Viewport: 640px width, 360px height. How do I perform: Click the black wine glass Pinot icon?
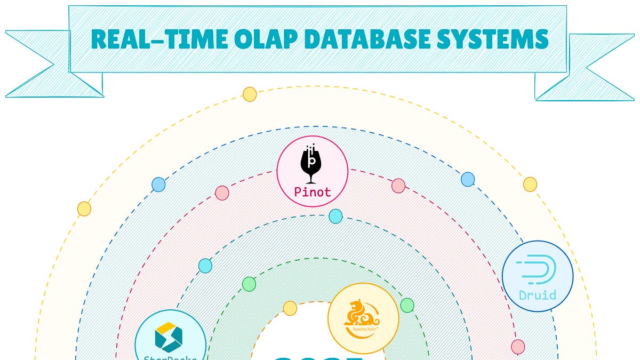click(x=312, y=163)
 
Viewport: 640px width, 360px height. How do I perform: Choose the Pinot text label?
click(x=313, y=192)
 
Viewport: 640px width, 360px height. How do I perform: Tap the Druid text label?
click(x=538, y=294)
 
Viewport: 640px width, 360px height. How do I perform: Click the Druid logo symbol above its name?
click(x=538, y=269)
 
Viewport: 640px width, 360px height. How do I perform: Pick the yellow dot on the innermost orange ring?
click(x=290, y=308)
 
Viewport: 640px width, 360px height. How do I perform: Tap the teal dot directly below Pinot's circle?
click(x=335, y=216)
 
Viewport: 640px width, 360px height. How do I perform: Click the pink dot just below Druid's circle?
click(x=518, y=347)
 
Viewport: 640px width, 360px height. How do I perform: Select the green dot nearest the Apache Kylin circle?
click(x=407, y=305)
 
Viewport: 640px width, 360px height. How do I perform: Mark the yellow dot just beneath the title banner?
click(x=250, y=94)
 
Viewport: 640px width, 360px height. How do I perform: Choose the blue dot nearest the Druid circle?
click(x=468, y=179)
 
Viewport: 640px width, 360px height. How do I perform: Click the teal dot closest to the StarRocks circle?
click(x=205, y=266)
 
